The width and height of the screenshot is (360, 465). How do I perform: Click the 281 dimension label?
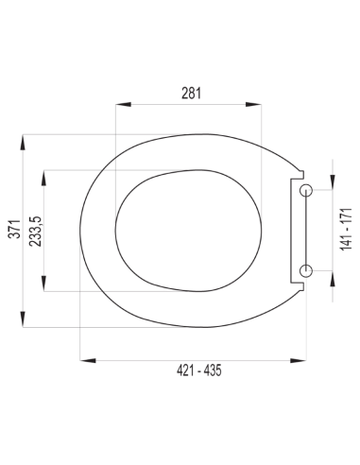[x=191, y=93]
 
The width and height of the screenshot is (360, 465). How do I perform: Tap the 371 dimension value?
[x=14, y=229]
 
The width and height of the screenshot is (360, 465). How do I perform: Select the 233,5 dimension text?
[x=35, y=232]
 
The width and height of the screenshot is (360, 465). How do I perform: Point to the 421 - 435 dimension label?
[x=198, y=370]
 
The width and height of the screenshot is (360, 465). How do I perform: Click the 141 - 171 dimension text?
[x=346, y=229]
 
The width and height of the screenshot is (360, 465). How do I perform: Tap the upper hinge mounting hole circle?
[x=305, y=190]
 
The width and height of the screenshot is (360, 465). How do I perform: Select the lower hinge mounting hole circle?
[x=305, y=270]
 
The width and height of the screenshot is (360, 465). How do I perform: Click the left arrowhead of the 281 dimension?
[x=123, y=105]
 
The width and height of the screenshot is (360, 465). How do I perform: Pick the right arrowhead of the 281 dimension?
[x=253, y=105]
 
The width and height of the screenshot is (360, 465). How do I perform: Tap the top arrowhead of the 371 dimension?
[x=23, y=143]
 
